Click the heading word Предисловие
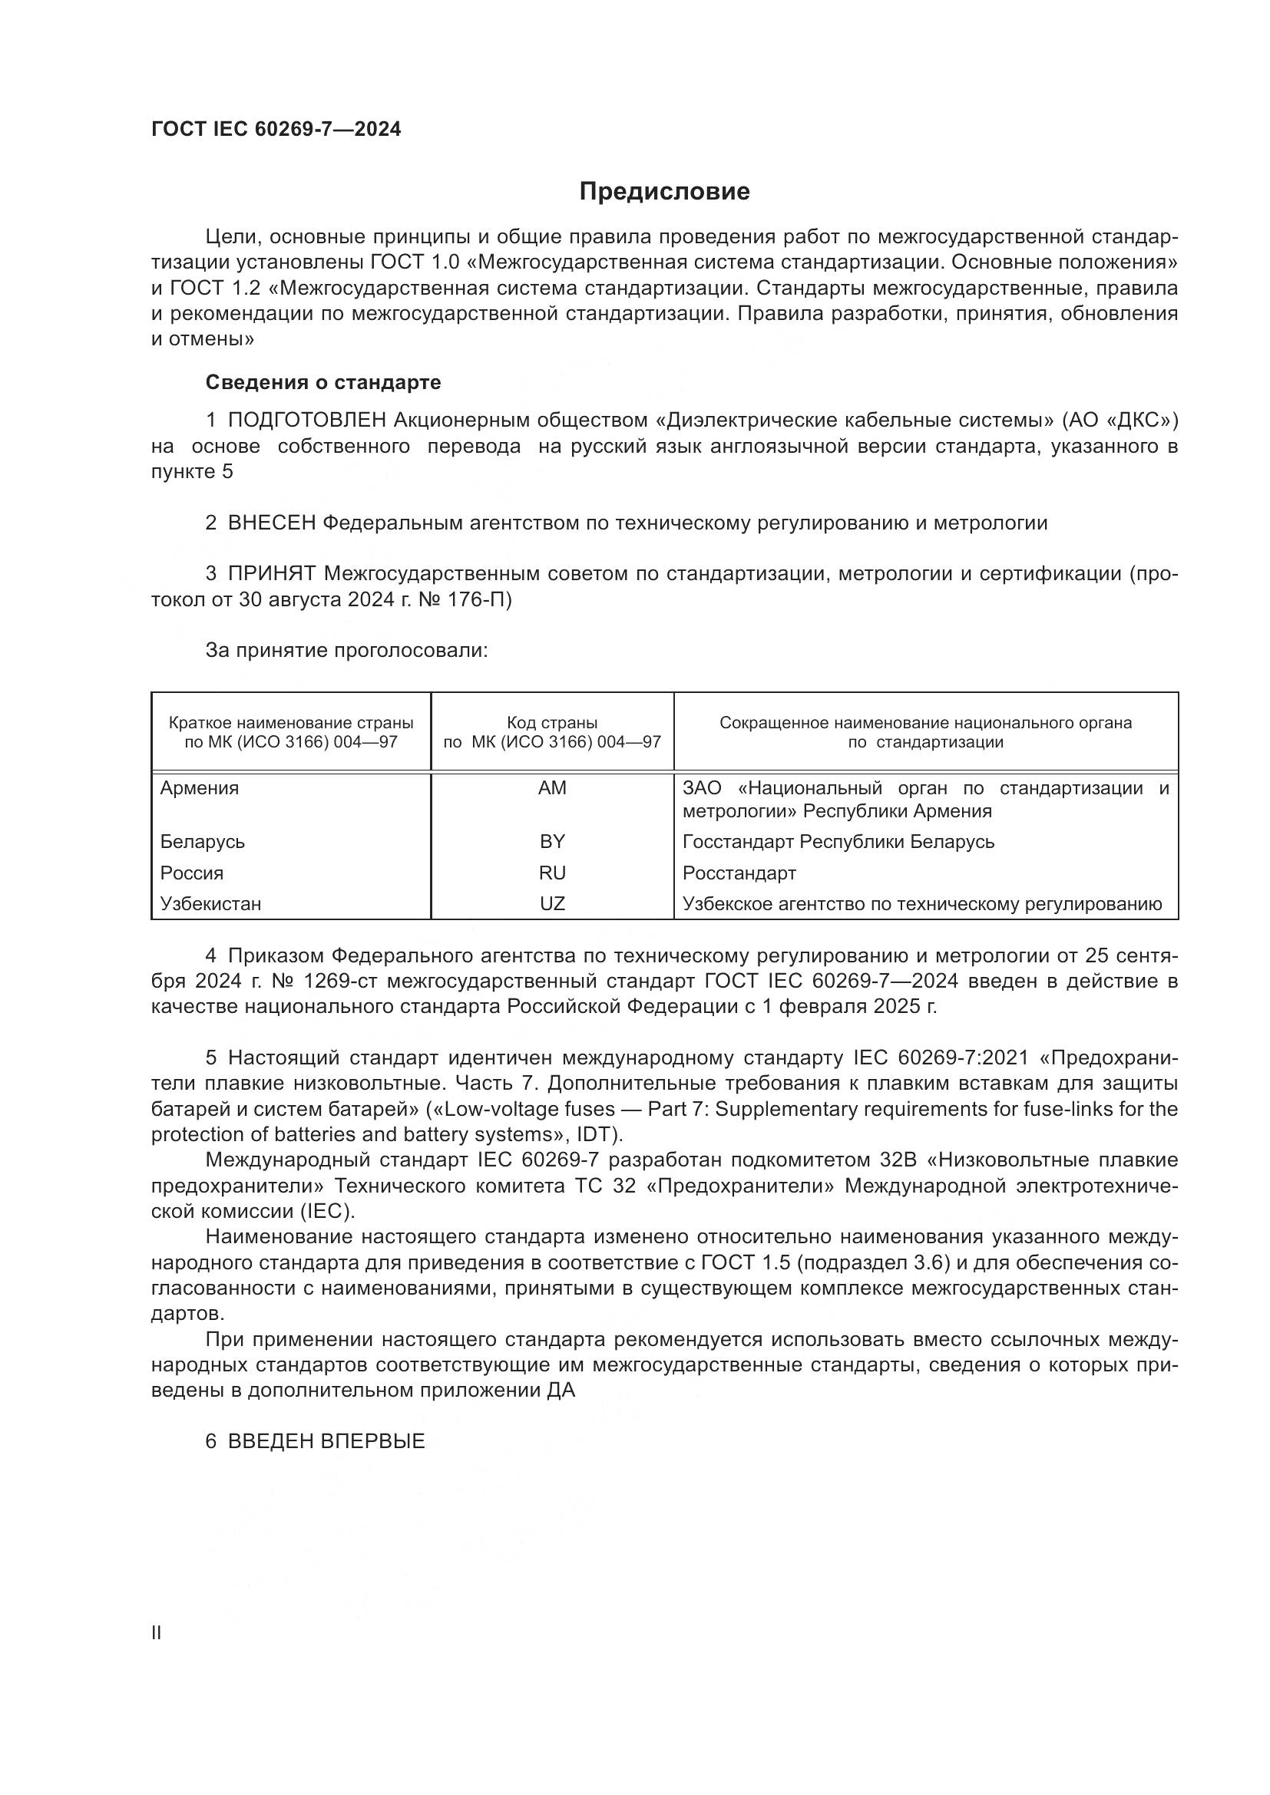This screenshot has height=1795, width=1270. [x=664, y=192]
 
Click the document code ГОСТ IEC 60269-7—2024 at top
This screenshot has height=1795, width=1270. [x=276, y=130]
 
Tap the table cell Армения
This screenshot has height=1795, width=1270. [x=200, y=788]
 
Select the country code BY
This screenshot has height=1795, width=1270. [x=552, y=842]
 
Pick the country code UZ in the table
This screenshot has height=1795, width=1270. [x=552, y=904]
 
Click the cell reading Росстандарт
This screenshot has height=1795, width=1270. [x=739, y=873]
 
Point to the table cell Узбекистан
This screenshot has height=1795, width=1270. [x=210, y=904]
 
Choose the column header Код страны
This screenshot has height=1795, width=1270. [x=552, y=723]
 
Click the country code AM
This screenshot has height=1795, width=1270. [x=552, y=788]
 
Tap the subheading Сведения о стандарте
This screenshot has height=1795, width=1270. [x=323, y=382]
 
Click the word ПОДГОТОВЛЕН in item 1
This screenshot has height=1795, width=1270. [x=307, y=421]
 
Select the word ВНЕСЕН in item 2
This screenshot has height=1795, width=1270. [x=271, y=523]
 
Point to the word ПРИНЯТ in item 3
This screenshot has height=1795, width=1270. [x=271, y=574]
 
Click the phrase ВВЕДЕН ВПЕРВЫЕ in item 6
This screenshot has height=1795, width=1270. [x=326, y=1442]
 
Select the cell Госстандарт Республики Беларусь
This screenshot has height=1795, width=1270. [x=838, y=842]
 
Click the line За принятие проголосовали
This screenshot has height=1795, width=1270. [x=346, y=651]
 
